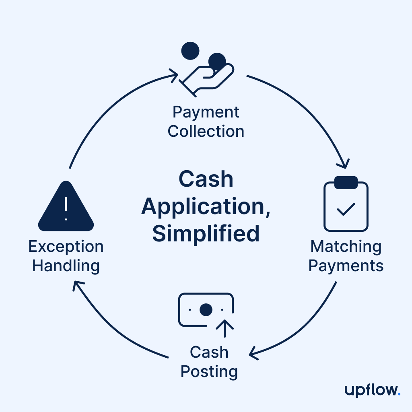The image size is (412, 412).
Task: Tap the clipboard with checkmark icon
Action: (346, 204)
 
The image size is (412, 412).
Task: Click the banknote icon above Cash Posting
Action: (206, 310)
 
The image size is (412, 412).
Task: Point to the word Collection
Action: (206, 132)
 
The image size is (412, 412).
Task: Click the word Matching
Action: (346, 247)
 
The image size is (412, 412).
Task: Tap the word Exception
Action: (66, 247)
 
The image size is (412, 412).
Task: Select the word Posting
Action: (209, 372)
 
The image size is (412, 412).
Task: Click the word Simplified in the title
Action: (206, 234)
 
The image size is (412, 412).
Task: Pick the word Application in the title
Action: (205, 207)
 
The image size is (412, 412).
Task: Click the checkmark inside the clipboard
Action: (346, 209)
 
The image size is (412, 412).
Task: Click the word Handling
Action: (66, 266)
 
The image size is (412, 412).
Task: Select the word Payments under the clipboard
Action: (346, 266)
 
